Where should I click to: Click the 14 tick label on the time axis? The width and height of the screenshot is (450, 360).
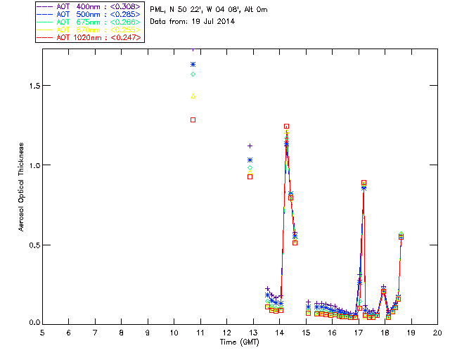(280, 332)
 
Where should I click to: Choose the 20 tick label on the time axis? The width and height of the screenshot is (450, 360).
(438, 332)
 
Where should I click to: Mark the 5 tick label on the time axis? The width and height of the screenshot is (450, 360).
(42, 332)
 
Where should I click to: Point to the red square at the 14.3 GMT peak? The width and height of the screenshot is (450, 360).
(287, 127)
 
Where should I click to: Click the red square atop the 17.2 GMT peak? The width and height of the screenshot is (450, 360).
(364, 183)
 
